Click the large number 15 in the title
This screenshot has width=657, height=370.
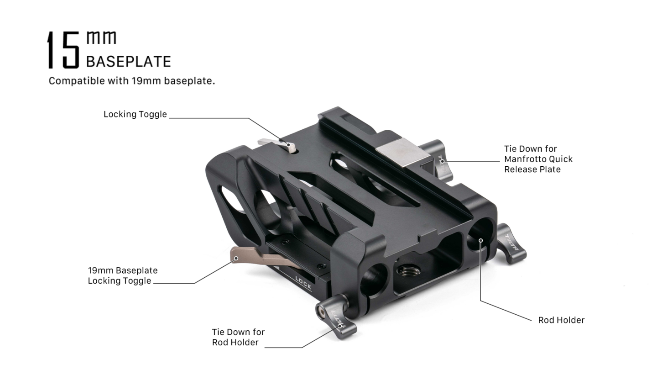click(63, 50)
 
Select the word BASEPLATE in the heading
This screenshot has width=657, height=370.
click(128, 61)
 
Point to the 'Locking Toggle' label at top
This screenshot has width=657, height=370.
click(135, 114)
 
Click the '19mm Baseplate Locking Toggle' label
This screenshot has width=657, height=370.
click(122, 275)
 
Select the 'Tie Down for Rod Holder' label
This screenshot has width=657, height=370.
click(238, 337)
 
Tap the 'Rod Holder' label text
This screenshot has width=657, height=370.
click(561, 320)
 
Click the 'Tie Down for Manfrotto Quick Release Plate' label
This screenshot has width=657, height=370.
click(538, 159)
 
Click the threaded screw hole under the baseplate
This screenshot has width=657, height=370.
click(405, 271)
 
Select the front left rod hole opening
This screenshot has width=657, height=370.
click(374, 279)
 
